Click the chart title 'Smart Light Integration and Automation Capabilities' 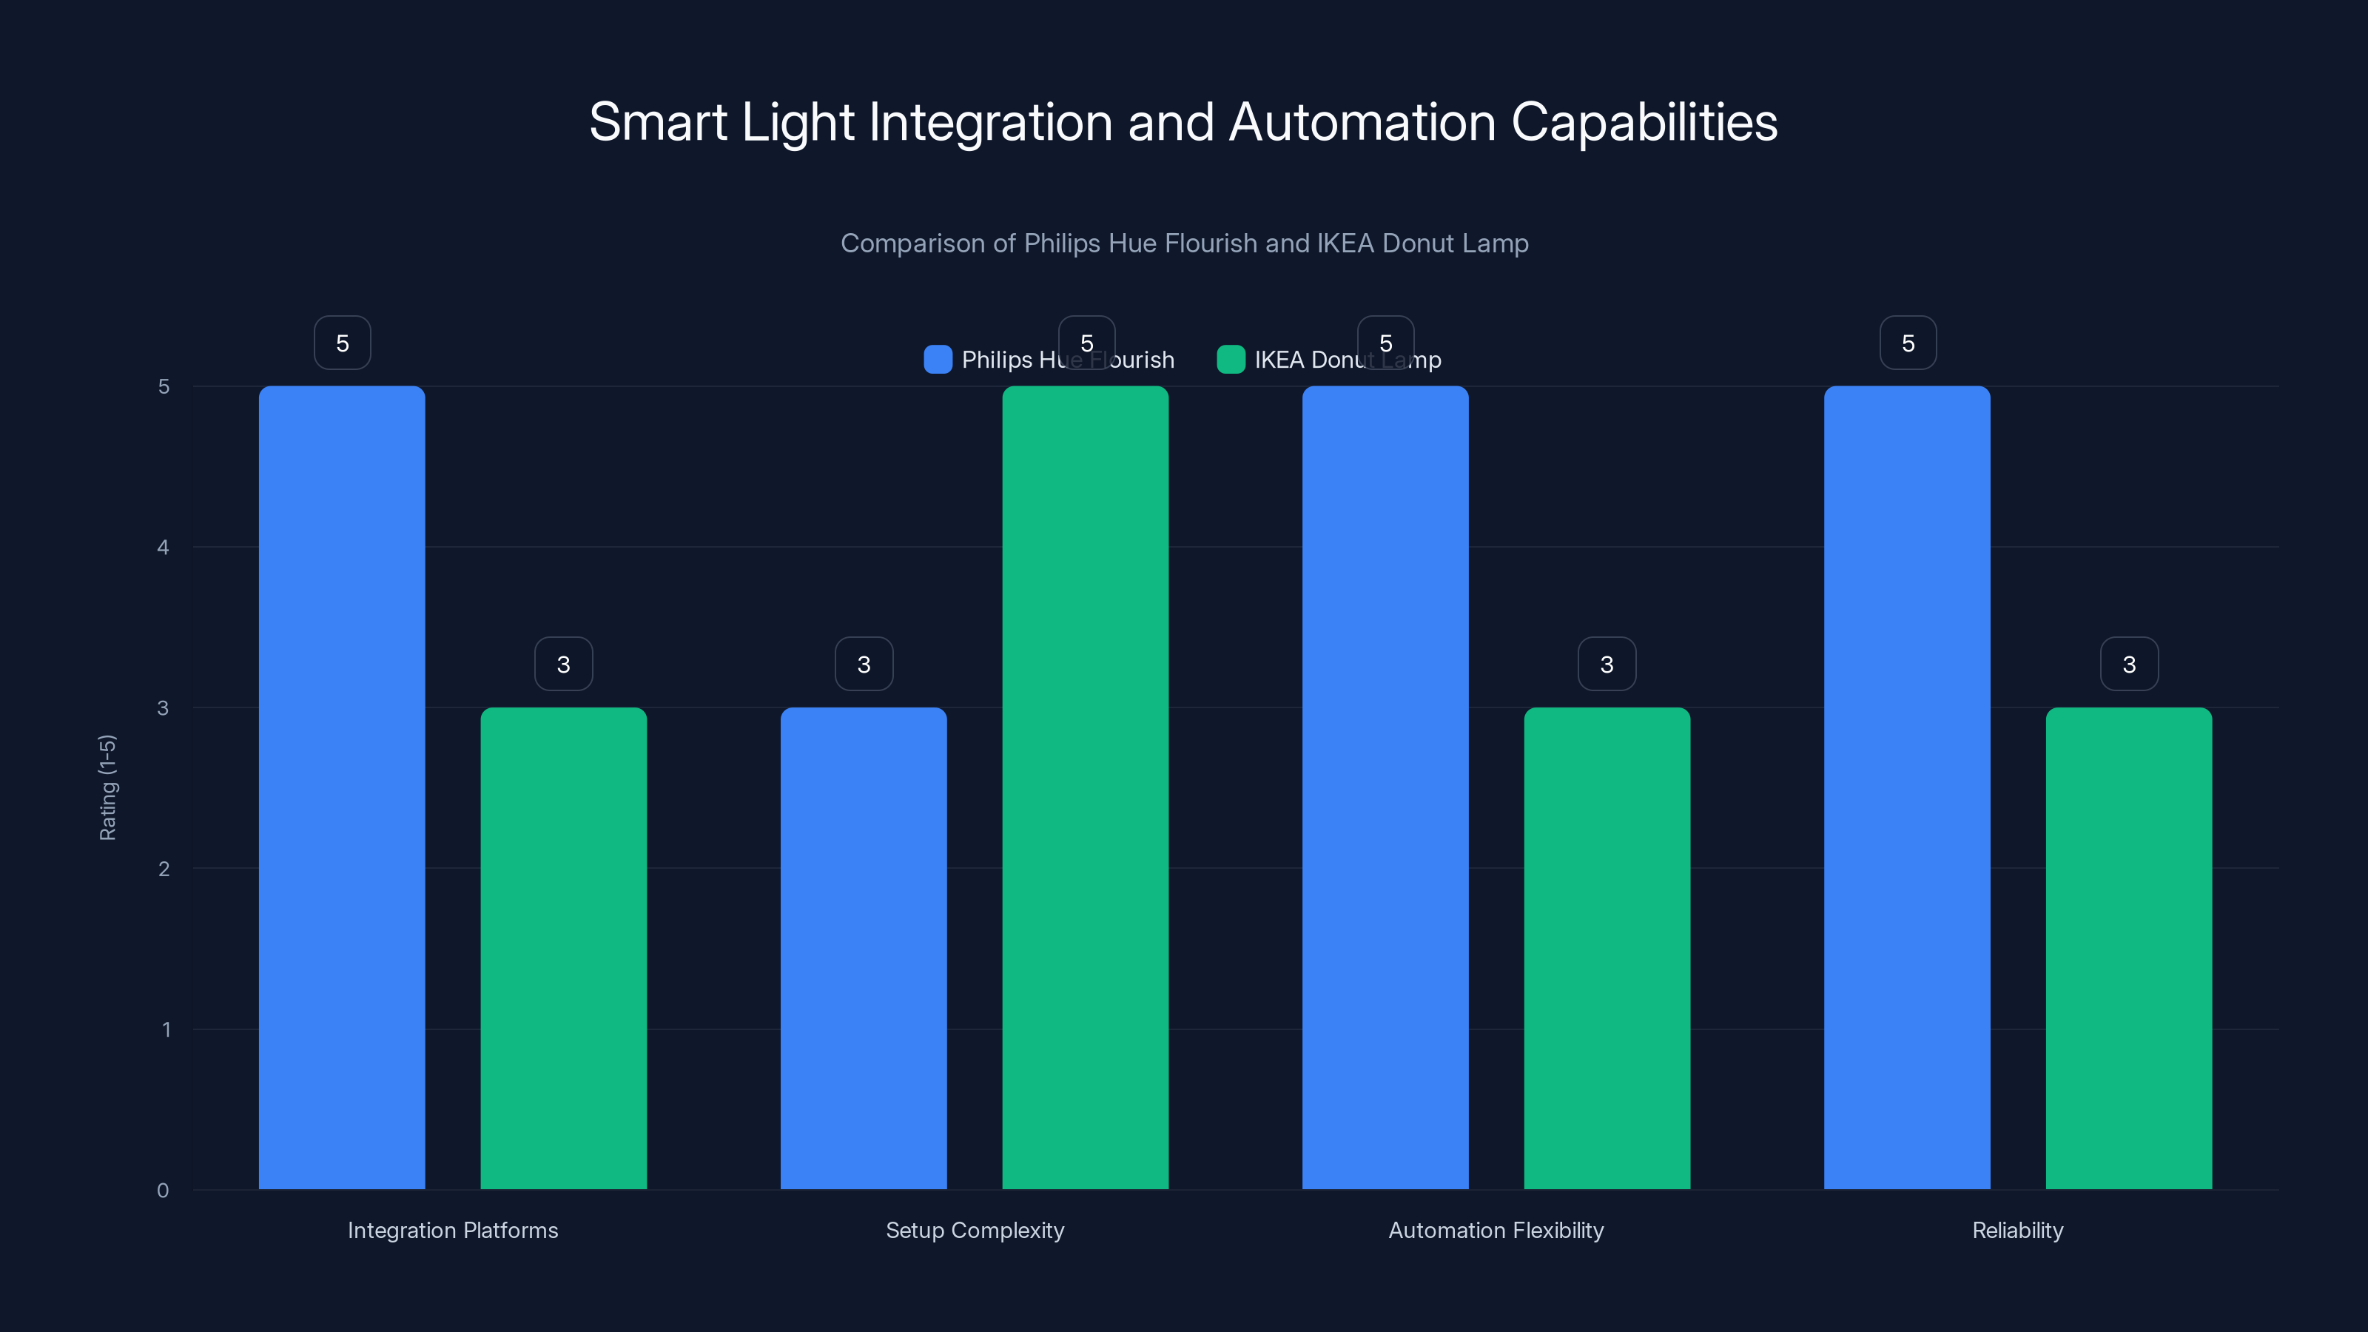1183,122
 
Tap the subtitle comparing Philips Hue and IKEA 1184,243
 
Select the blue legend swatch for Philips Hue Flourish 937,360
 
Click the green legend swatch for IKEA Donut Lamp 1230,360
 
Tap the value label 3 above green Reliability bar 2129,665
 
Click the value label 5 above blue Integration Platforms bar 342,343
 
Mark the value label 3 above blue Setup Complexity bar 863,665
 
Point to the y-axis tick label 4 163,548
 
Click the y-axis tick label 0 163,1191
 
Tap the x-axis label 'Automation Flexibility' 1496,1230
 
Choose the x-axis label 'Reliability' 2016,1230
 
